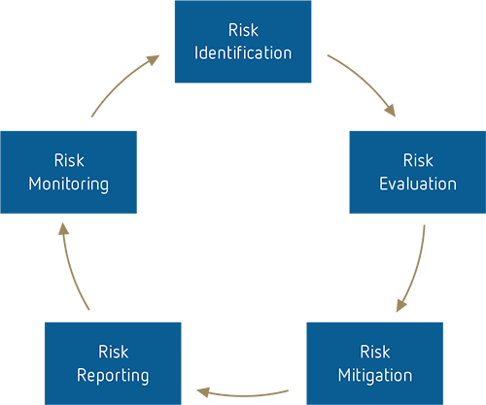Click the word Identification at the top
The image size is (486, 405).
tap(243, 52)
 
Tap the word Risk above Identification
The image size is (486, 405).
tap(243, 30)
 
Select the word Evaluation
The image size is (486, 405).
tap(418, 183)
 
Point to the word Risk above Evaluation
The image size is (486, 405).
tap(419, 159)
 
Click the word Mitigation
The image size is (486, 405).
tap(375, 375)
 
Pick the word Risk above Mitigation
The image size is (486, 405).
tap(375, 352)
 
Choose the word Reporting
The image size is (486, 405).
tap(113, 375)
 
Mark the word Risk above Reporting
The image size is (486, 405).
tap(113, 352)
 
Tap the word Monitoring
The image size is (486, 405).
tap(68, 183)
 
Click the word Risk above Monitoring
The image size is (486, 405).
tap(69, 159)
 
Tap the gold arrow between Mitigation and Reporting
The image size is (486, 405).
tap(243, 374)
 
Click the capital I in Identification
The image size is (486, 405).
tap(197, 52)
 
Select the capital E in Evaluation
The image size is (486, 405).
tap(384, 183)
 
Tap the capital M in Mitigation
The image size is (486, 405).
tap(344, 375)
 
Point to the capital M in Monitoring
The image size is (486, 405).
tap(35, 183)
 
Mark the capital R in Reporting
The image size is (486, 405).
tap(81, 375)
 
